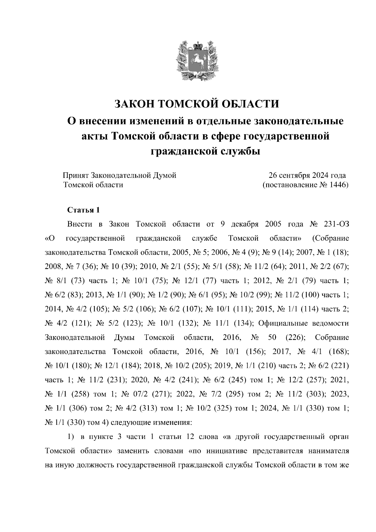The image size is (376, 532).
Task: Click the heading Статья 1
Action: [84, 210]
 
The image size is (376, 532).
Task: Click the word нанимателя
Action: [328, 451]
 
